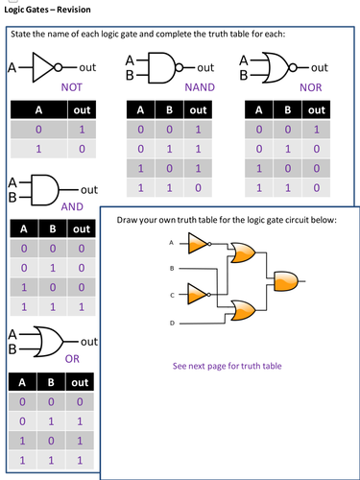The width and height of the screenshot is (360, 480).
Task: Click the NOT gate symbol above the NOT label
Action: (47, 68)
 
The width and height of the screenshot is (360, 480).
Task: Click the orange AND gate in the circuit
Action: (286, 280)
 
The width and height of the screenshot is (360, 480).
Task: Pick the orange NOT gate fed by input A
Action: (198, 246)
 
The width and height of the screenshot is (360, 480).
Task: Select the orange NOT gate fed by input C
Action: (198, 290)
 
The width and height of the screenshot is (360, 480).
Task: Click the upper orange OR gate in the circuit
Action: (241, 252)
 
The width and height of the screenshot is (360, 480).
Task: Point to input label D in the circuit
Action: (173, 323)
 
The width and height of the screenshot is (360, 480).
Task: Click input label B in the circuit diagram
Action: (173, 266)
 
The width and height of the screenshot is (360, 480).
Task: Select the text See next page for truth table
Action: (227, 366)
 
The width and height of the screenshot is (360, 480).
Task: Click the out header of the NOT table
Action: (82, 109)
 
